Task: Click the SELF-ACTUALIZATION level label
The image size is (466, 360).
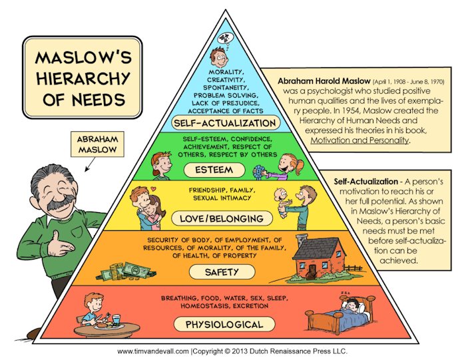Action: (x=225, y=122)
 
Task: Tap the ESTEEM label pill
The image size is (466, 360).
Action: (x=214, y=170)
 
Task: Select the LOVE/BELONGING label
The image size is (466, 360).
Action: (x=222, y=219)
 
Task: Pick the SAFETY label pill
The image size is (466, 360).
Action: (x=222, y=271)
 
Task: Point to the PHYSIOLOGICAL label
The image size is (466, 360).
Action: (x=224, y=324)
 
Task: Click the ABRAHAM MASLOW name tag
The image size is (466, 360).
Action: (x=97, y=144)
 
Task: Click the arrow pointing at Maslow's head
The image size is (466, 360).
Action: (x=90, y=164)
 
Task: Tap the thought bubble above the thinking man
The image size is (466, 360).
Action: (x=226, y=39)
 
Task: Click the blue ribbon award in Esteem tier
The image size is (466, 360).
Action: (x=259, y=172)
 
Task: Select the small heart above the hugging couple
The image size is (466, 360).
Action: (x=153, y=188)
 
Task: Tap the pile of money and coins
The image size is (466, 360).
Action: (x=126, y=271)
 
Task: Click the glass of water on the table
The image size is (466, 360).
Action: (x=116, y=320)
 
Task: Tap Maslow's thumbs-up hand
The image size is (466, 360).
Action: (x=59, y=244)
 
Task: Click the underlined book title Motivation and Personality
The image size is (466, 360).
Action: (x=359, y=140)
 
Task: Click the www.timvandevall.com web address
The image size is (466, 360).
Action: (x=152, y=351)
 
